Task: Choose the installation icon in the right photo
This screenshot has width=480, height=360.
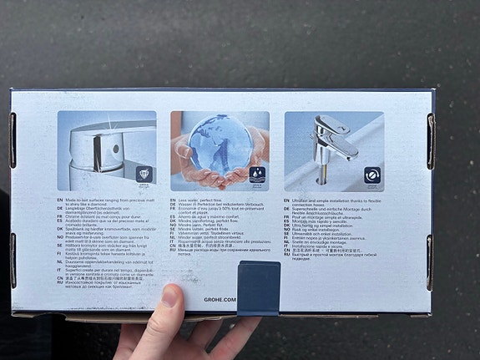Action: click(x=371, y=176)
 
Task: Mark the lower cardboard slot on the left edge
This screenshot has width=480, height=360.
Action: click(x=13, y=260)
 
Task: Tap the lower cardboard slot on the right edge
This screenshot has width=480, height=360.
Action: click(x=432, y=259)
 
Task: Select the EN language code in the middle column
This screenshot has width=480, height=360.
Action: click(x=174, y=200)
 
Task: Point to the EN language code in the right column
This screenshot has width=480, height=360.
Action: click(x=288, y=200)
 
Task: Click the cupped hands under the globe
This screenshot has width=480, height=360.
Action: click(x=219, y=175)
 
